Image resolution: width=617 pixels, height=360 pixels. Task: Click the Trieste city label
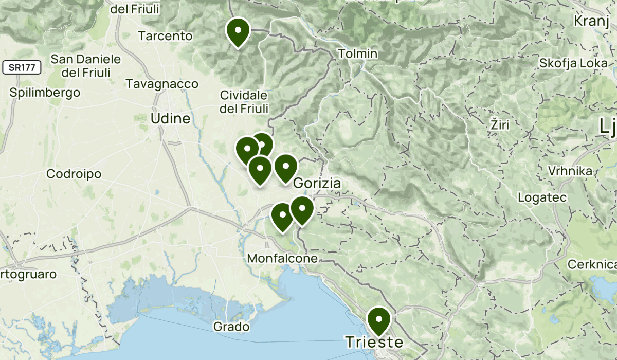373,342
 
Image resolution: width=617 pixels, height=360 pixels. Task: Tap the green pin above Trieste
379,320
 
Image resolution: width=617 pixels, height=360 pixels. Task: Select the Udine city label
170,119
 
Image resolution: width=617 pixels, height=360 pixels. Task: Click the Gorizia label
317,184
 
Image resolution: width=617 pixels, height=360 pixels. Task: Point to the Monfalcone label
282,258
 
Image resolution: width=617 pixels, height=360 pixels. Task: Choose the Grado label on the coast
231,327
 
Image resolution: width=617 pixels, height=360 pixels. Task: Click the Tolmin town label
358,53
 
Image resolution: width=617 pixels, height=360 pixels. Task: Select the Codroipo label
74,174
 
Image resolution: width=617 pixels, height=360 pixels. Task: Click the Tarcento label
166,36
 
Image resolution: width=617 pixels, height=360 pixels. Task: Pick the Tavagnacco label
162,83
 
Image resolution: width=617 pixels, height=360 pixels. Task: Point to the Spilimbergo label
45,93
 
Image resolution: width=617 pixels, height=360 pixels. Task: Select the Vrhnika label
570,171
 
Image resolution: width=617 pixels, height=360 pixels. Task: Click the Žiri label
500,125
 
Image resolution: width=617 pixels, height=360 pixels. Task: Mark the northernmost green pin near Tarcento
238,31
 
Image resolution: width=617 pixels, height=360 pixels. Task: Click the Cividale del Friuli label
244,102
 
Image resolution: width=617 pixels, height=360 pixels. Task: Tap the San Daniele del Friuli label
86,65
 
